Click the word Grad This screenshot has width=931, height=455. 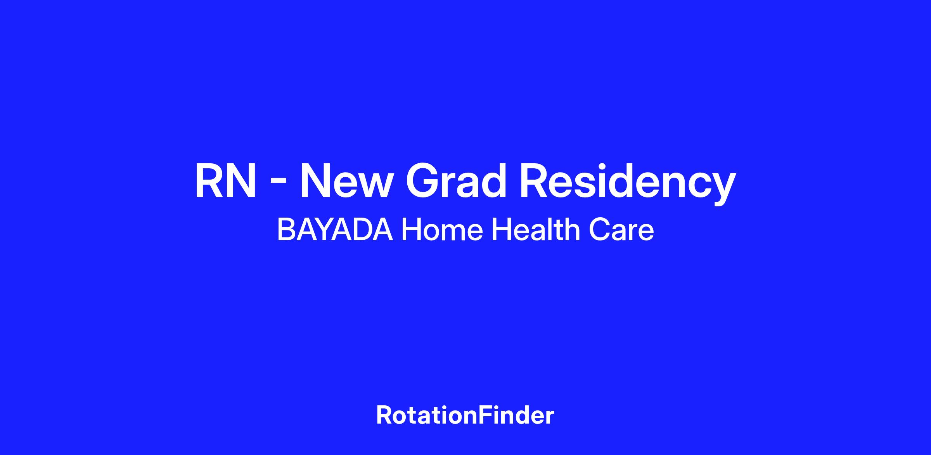pos(456,181)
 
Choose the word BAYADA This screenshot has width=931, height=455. pos(335,230)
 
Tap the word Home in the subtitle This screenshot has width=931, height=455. pos(442,230)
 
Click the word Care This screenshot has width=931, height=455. pos(621,230)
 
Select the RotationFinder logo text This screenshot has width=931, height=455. pos(465,415)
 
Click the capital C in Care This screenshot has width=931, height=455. pos(599,230)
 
